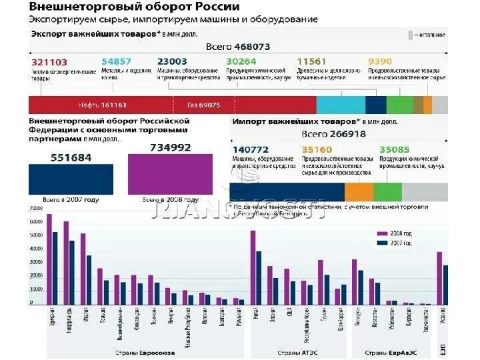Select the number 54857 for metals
117,62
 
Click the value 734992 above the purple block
170,147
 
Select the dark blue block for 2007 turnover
71,178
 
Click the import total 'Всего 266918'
338,134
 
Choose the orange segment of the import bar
359,191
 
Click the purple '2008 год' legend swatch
383,234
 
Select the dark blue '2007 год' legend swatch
383,243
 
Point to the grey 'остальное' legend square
411,33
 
